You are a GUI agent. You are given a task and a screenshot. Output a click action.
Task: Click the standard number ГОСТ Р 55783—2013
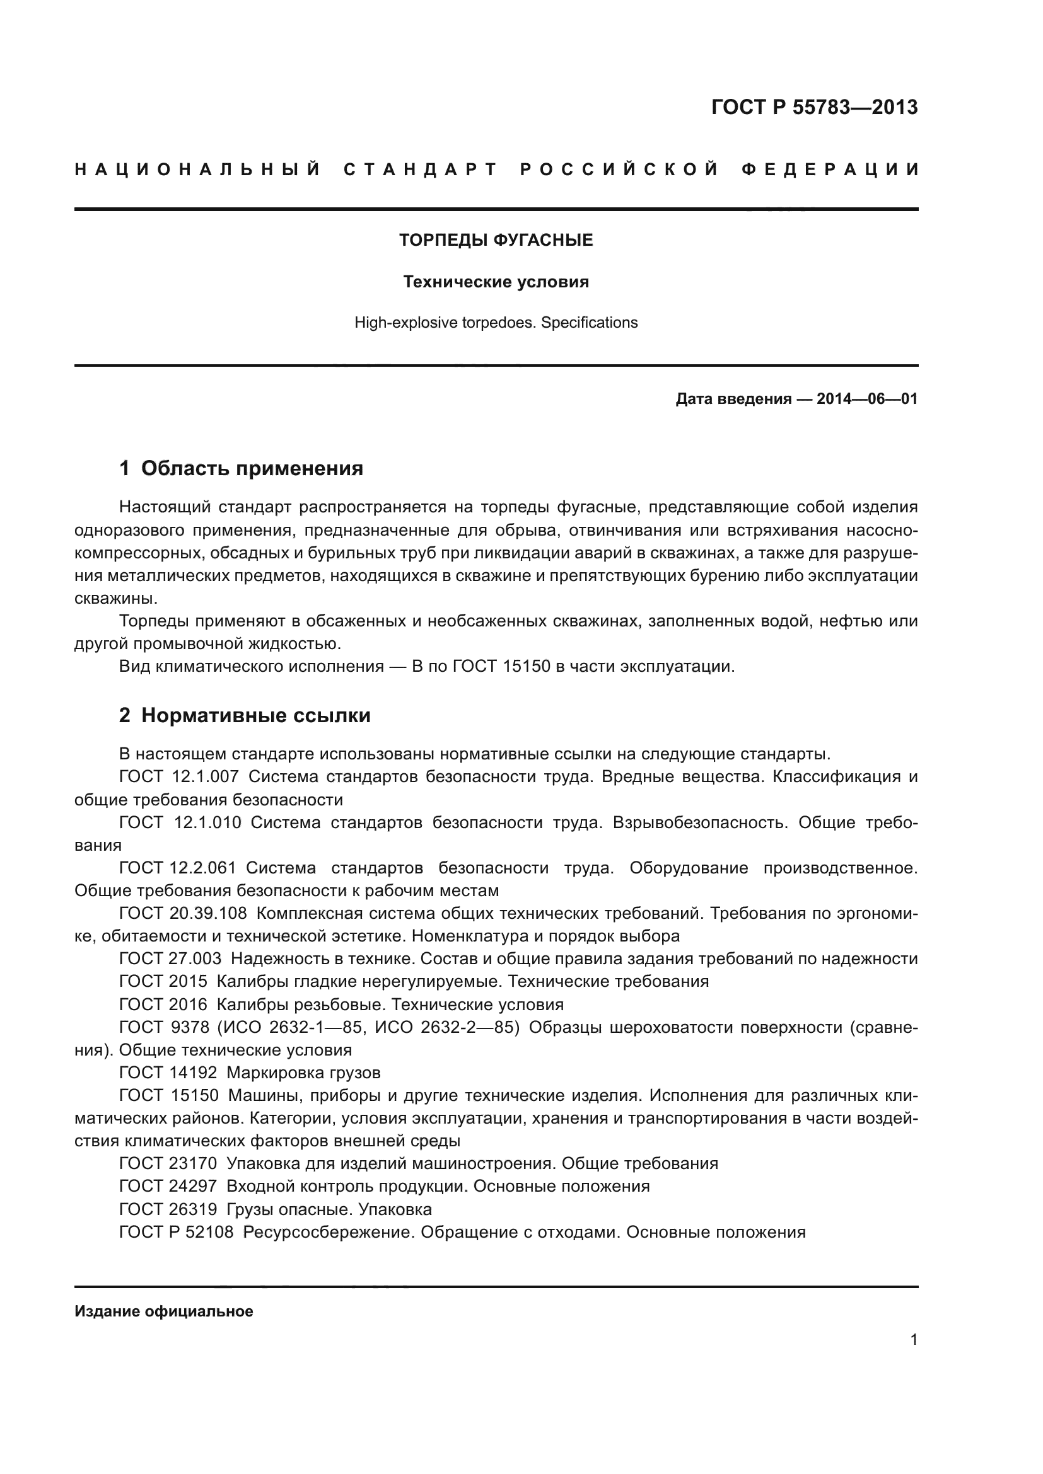[x=813, y=107]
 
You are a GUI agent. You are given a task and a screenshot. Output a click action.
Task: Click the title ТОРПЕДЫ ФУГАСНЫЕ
[x=496, y=240]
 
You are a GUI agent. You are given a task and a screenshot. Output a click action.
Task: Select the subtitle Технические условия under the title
[x=496, y=282]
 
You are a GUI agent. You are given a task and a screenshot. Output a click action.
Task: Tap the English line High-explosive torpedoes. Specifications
[x=496, y=322]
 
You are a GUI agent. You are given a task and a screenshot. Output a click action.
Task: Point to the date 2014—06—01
[x=866, y=399]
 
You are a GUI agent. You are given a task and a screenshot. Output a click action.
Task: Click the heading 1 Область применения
[x=241, y=468]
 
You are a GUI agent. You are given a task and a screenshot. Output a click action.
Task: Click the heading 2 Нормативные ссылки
[x=245, y=715]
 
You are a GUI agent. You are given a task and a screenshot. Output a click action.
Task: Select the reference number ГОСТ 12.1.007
[x=178, y=777]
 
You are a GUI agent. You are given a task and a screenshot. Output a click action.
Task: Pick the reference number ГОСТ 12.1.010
[x=180, y=822]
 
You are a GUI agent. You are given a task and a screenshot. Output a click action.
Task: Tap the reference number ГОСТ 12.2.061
[x=177, y=868]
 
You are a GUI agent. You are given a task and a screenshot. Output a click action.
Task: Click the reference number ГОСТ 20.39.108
[x=182, y=913]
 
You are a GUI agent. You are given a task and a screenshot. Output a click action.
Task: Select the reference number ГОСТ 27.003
[x=170, y=959]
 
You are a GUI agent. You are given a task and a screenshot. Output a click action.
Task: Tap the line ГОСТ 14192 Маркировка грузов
[x=249, y=1072]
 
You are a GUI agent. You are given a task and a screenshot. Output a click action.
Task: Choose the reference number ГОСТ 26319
[x=168, y=1209]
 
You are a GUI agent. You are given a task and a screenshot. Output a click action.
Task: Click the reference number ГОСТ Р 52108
[x=176, y=1232]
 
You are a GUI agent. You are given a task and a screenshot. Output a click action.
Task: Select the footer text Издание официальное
[x=164, y=1311]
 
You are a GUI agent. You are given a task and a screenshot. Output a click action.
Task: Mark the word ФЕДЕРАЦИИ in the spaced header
[x=830, y=170]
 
